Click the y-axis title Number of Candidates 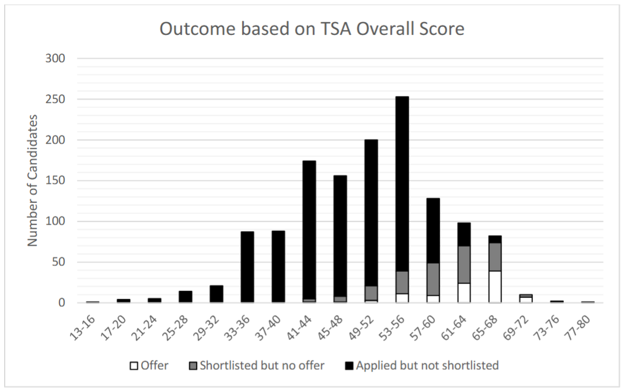point(33,180)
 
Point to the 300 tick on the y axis point(57,59)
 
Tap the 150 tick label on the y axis point(57,181)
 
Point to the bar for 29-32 point(216,294)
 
